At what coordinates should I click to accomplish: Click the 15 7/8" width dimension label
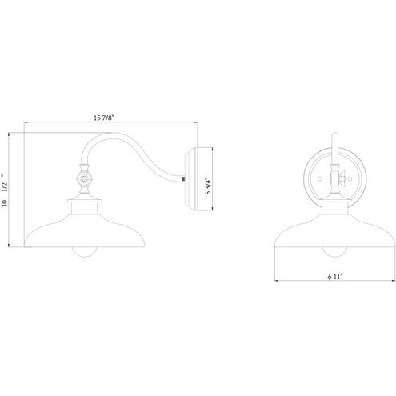point(104,118)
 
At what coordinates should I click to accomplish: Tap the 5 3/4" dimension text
point(208,186)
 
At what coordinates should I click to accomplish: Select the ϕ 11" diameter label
point(335,277)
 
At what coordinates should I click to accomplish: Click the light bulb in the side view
point(84,252)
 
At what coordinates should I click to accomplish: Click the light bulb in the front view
point(334,252)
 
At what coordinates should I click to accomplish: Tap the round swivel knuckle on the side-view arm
point(85,178)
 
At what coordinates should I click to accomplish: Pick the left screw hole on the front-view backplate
point(320,178)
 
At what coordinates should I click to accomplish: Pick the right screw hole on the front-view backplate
point(350,178)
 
